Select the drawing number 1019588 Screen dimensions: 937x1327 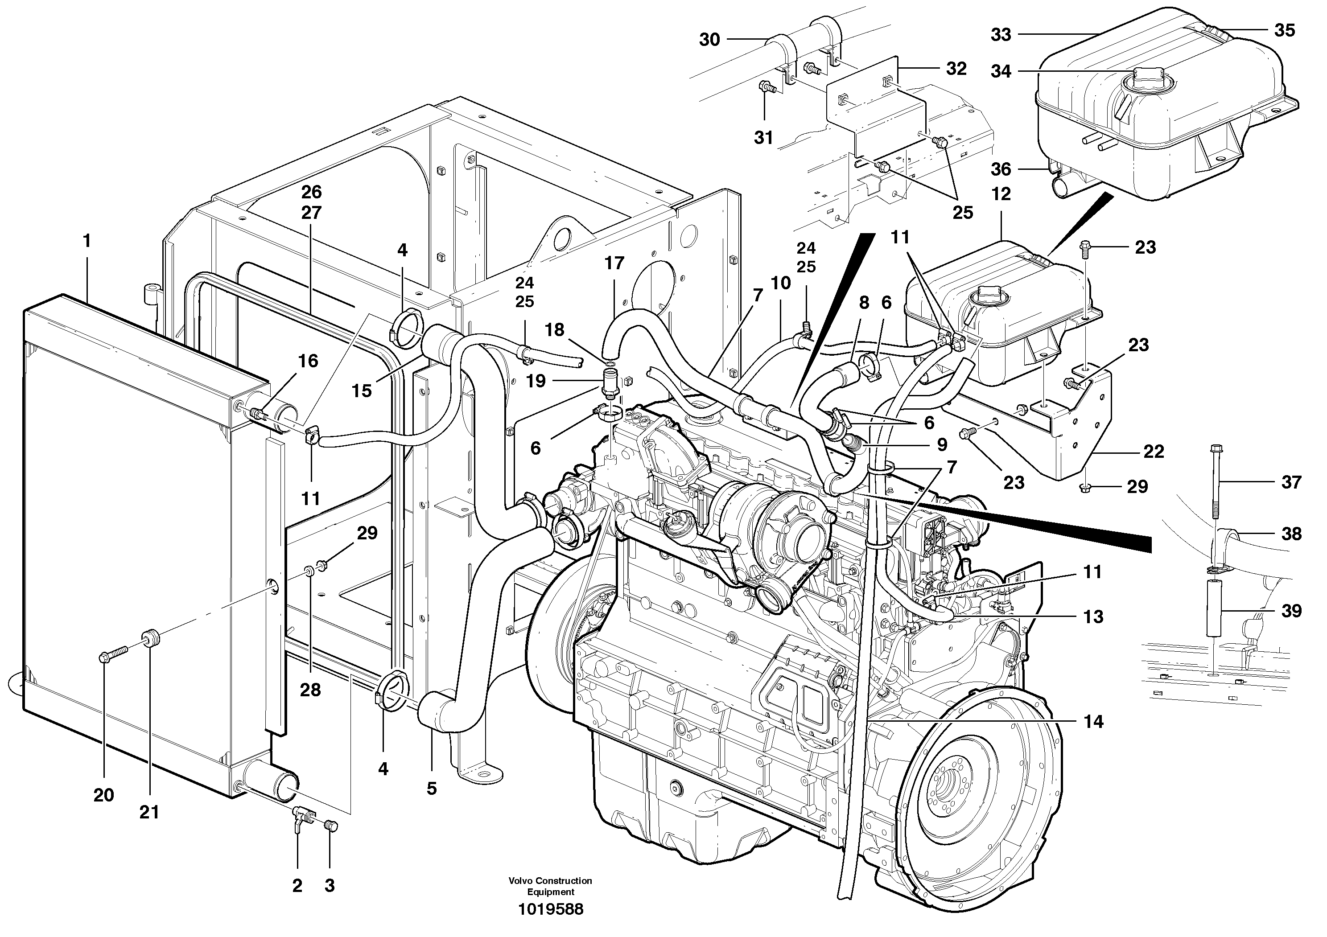[x=550, y=910]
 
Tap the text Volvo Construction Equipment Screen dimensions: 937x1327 [x=550, y=886]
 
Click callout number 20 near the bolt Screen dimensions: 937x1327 [x=104, y=795]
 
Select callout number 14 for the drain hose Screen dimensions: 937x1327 [x=1093, y=722]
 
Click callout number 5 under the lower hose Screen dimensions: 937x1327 [x=432, y=789]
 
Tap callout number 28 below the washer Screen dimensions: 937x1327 [x=310, y=690]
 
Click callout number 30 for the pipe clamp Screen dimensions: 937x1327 [x=710, y=39]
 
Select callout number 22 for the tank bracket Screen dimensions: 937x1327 [x=1154, y=451]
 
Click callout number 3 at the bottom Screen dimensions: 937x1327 [x=330, y=886]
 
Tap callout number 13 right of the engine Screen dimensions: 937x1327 [x=1093, y=617]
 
